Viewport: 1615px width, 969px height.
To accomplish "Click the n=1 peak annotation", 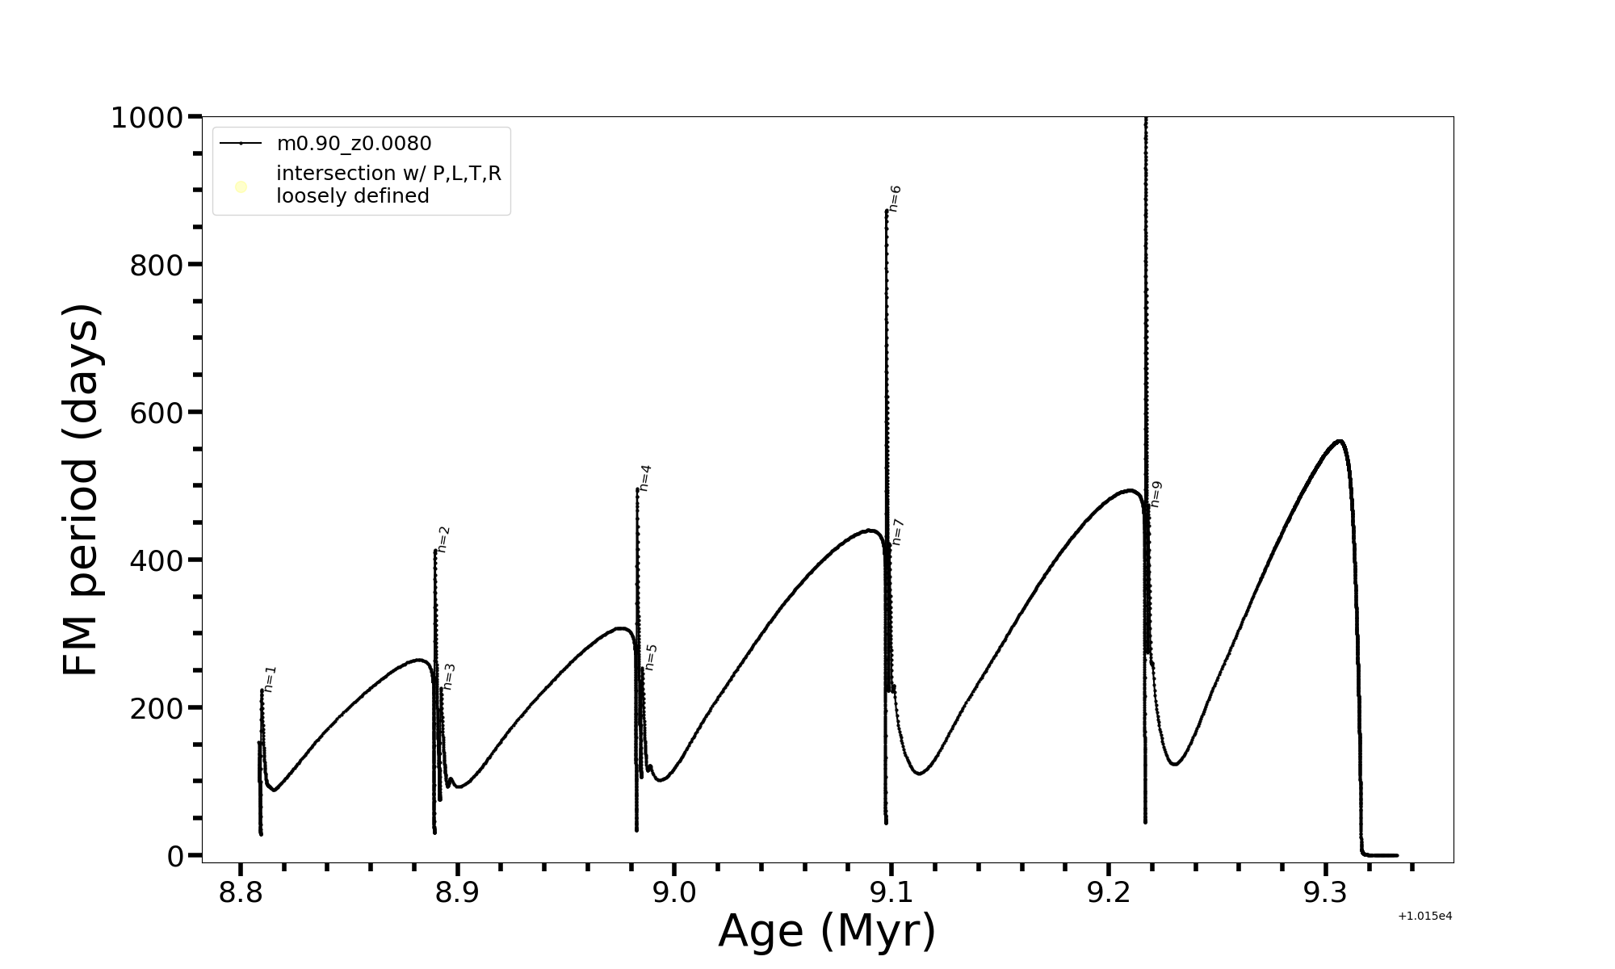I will pyautogui.click(x=271, y=679).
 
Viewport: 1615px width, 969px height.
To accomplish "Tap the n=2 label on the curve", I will pyautogui.click(x=443, y=539).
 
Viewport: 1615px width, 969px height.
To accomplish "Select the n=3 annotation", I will pyautogui.click(x=449, y=677).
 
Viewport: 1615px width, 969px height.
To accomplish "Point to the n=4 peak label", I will pyautogui.click(x=644, y=478).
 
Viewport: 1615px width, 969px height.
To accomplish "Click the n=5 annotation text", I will pyautogui.click(x=651, y=657).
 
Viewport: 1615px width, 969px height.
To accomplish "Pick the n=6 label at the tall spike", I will pyautogui.click(x=894, y=199).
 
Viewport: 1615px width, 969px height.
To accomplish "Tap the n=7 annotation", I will pyautogui.click(x=897, y=532).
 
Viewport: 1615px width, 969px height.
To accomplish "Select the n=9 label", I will pyautogui.click(x=1156, y=494).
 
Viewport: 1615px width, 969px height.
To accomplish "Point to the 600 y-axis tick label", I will pyautogui.click(x=157, y=413).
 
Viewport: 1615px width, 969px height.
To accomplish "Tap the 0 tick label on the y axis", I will pyautogui.click(x=175, y=856).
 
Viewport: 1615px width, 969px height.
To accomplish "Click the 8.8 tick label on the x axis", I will pyautogui.click(x=241, y=893).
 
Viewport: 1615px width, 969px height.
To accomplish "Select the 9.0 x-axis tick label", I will pyautogui.click(x=674, y=893).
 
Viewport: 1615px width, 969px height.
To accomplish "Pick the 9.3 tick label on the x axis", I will pyautogui.click(x=1325, y=893).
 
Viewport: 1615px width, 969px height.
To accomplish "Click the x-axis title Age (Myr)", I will pyautogui.click(x=827, y=931).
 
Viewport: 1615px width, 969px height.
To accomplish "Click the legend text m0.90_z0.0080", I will pyautogui.click(x=354, y=144).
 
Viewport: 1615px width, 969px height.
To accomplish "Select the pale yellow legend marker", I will pyautogui.click(x=241, y=187).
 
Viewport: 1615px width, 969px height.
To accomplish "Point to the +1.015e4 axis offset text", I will pyautogui.click(x=1424, y=916).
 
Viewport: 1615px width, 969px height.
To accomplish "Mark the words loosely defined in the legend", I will pyautogui.click(x=352, y=196).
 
